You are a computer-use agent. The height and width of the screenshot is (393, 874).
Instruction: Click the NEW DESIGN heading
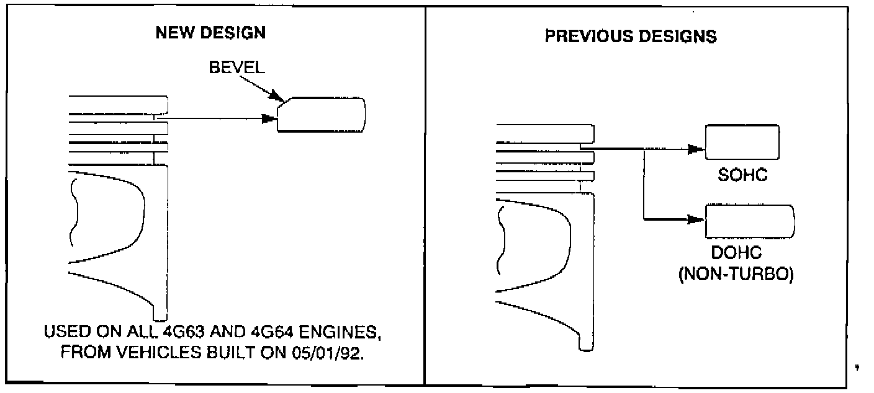pyautogui.click(x=210, y=33)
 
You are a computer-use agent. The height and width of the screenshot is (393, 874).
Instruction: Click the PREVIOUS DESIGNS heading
pyautogui.click(x=631, y=37)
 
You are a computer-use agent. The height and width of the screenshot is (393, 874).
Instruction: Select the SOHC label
pyautogui.click(x=742, y=175)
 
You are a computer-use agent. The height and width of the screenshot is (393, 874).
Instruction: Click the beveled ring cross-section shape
pyautogui.click(x=321, y=115)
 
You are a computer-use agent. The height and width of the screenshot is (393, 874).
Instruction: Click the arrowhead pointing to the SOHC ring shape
pyautogui.click(x=698, y=149)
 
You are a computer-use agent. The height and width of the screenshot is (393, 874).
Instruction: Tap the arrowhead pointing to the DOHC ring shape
pyautogui.click(x=698, y=219)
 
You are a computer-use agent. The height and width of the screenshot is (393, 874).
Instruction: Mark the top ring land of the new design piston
pyautogui.click(x=118, y=105)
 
